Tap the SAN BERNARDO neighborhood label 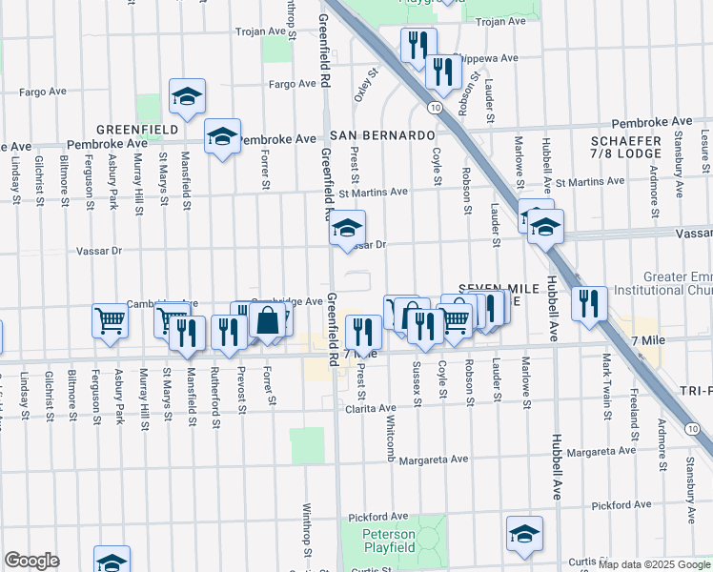point(382,135)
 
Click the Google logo point(31,561)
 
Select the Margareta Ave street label point(434,459)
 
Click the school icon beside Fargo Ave point(188,95)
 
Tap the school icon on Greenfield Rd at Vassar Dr point(348,228)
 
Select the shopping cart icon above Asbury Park point(111,320)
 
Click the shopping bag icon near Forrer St point(269,320)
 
